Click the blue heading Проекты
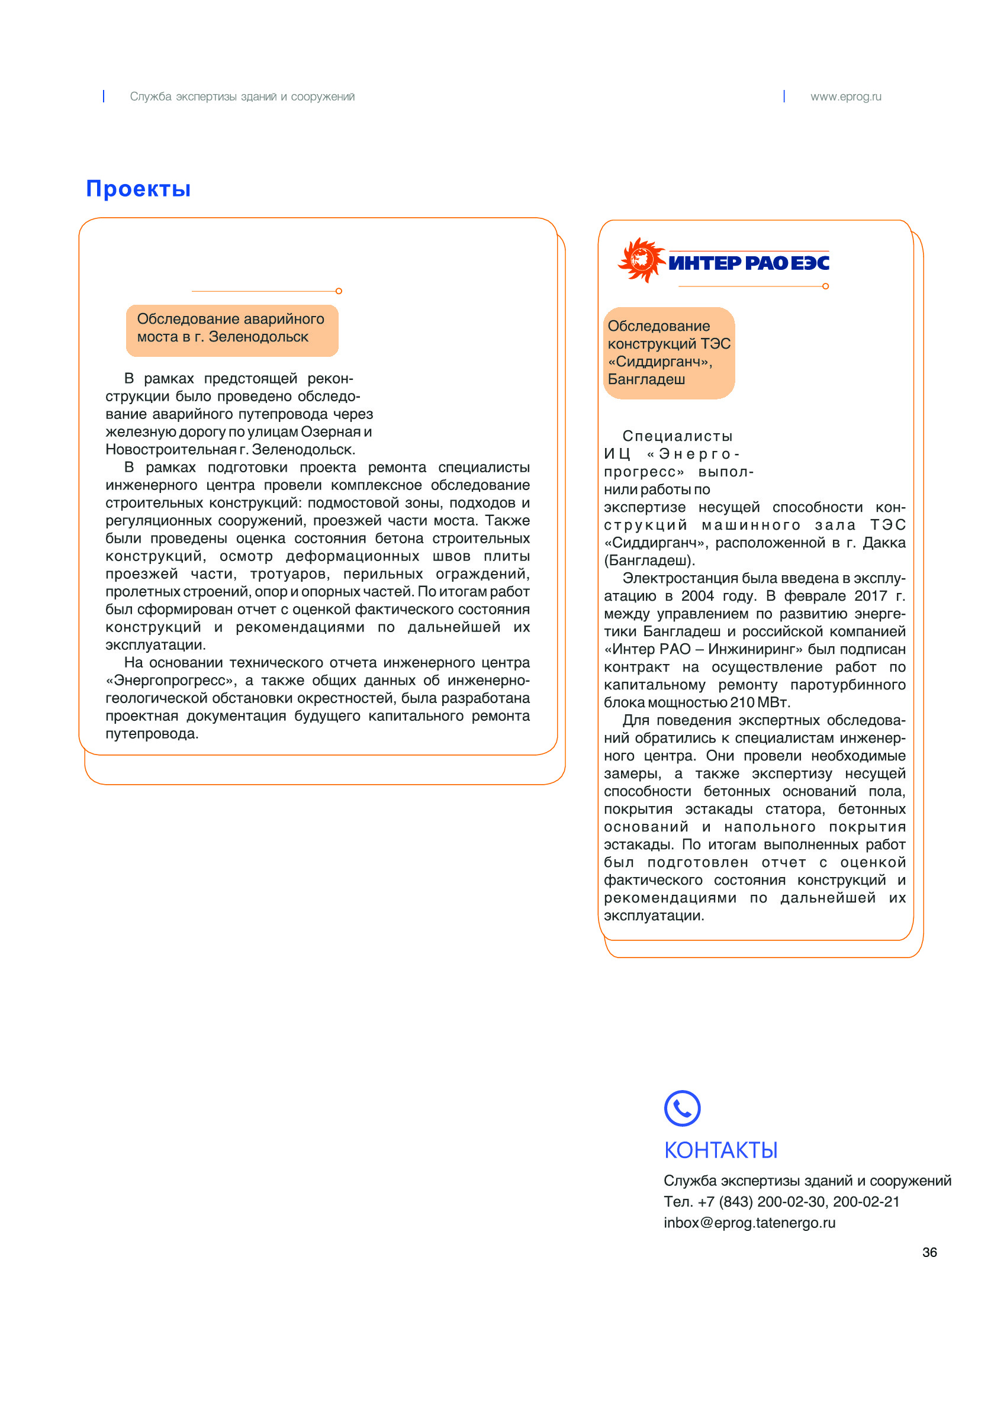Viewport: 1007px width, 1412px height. [x=139, y=188]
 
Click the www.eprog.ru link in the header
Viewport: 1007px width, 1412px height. [x=845, y=96]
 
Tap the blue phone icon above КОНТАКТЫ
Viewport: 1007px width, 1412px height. [x=681, y=1108]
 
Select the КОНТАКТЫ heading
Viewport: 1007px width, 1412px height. [x=720, y=1150]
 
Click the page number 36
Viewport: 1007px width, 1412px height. [x=929, y=1252]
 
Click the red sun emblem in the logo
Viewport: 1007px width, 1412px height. [x=641, y=260]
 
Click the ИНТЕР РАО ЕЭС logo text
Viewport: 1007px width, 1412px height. [x=748, y=263]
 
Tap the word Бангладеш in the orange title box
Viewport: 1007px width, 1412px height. [x=646, y=379]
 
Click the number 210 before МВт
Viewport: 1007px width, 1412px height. [x=742, y=703]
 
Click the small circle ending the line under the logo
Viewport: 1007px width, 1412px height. [x=825, y=286]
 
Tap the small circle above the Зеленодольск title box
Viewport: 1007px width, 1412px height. [x=339, y=291]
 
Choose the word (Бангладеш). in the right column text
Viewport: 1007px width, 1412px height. [x=649, y=561]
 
